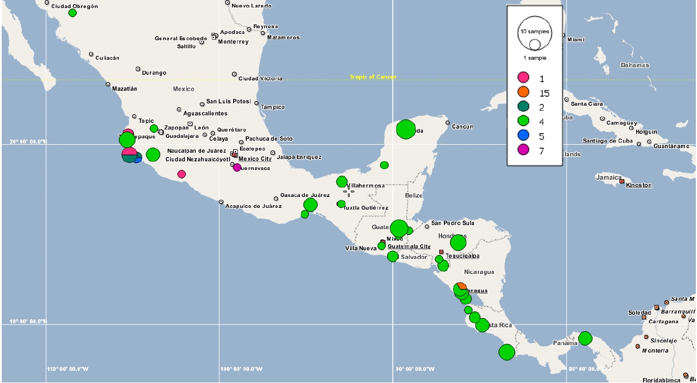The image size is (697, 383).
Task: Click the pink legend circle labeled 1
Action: coord(523,78)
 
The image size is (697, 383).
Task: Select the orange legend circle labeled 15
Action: coord(523,92)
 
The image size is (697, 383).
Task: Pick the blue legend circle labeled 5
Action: coord(523,136)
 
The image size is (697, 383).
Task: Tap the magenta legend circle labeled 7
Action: coord(523,150)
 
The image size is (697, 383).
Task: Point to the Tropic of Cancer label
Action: coord(373,77)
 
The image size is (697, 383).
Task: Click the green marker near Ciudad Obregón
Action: coord(72,13)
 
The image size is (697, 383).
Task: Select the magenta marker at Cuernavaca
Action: coord(237,167)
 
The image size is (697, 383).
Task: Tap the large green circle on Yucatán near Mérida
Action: coord(406,129)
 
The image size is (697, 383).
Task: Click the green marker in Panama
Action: coord(585,338)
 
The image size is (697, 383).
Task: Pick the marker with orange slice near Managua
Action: coord(460,288)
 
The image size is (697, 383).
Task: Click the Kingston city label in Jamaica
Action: coord(638,185)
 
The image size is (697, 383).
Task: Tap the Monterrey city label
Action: coord(233,42)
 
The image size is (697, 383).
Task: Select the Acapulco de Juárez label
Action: coord(253,206)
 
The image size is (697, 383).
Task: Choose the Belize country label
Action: coord(413,196)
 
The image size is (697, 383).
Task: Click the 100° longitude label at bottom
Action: coord(241,369)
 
